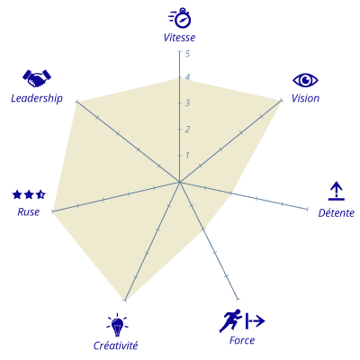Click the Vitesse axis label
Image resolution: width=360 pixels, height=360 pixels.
(x=179, y=38)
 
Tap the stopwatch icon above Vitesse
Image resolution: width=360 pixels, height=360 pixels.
(x=180, y=18)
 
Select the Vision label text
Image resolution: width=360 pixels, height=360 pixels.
(x=305, y=98)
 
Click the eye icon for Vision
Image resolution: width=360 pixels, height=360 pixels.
(x=305, y=80)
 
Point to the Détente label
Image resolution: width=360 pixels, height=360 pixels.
(x=337, y=212)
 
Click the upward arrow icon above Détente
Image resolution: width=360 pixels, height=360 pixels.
(x=337, y=191)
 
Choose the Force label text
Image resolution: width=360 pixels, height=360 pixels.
(x=242, y=340)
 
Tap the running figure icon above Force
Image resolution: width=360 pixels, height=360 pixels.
(x=230, y=320)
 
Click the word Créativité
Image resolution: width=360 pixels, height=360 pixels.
(x=115, y=346)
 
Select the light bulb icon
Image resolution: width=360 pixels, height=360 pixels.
(x=117, y=325)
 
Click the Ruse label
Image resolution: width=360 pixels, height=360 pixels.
(x=29, y=211)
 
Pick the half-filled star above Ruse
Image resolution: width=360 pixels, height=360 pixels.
(x=40, y=194)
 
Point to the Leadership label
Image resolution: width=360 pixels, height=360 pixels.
(x=37, y=98)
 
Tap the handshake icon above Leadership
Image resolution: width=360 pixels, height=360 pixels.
(x=37, y=78)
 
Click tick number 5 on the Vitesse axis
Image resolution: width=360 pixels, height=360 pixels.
(x=187, y=54)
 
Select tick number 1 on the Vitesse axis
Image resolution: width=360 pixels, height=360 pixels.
(x=187, y=155)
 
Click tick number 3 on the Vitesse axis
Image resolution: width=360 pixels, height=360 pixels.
(x=187, y=103)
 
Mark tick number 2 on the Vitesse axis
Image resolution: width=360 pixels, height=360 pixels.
(x=187, y=130)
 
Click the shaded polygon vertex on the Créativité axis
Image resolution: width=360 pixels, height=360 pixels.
(x=125, y=300)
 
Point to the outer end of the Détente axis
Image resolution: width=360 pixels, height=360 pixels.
(x=308, y=209)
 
